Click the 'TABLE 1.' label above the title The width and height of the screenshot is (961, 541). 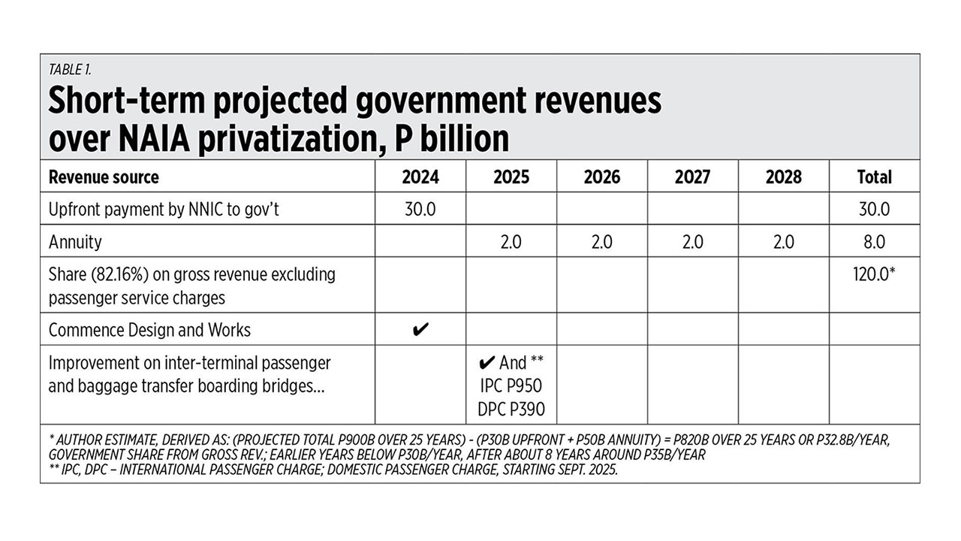pyautogui.click(x=70, y=69)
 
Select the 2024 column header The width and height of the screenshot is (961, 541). pyautogui.click(x=420, y=177)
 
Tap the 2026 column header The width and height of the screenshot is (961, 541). pyautogui.click(x=601, y=177)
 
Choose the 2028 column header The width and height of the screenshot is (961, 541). pyautogui.click(x=783, y=177)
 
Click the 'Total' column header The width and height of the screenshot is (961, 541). pyautogui.click(x=874, y=177)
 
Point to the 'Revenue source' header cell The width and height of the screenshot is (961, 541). pyautogui.click(x=104, y=177)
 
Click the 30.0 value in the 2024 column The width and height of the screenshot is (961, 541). pyautogui.click(x=420, y=209)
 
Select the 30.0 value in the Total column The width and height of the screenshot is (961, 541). pyautogui.click(x=874, y=209)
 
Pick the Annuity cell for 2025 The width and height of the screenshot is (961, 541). pyautogui.click(x=511, y=242)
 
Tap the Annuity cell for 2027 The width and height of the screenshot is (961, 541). pyautogui.click(x=692, y=242)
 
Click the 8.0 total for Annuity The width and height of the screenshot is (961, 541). pyautogui.click(x=874, y=242)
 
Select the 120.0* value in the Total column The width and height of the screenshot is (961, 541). pyautogui.click(x=875, y=274)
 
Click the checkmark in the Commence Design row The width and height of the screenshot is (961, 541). pyautogui.click(x=421, y=329)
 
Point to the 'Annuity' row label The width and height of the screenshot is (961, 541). pyautogui.click(x=75, y=242)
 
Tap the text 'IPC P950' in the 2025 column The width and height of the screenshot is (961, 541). pyautogui.click(x=511, y=386)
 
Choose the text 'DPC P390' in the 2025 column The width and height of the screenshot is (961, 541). pyautogui.click(x=511, y=409)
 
